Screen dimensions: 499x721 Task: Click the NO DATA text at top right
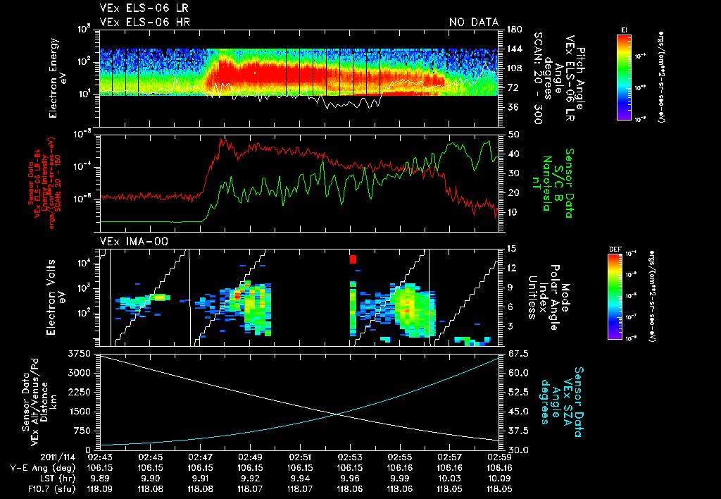474,22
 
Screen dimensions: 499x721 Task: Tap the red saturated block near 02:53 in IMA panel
353,259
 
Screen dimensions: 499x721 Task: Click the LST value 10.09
501,476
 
